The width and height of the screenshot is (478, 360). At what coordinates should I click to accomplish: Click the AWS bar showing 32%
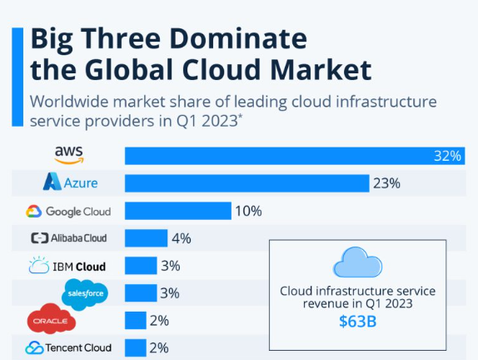click(x=295, y=156)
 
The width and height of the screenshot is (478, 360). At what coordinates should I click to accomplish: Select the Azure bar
click(x=247, y=183)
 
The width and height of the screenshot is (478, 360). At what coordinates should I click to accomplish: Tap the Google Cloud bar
click(x=178, y=211)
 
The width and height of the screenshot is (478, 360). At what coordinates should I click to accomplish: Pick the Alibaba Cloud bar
click(x=146, y=238)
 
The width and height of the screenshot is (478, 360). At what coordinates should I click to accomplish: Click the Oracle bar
click(x=136, y=320)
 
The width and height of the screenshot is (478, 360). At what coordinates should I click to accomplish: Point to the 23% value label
click(x=386, y=183)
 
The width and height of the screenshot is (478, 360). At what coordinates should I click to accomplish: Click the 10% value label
click(x=248, y=211)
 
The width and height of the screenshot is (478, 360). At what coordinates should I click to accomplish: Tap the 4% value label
click(x=182, y=238)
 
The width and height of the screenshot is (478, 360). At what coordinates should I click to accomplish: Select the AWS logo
click(x=69, y=155)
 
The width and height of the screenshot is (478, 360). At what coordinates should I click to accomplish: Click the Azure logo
click(x=71, y=182)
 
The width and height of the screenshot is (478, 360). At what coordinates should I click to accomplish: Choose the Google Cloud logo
click(x=68, y=211)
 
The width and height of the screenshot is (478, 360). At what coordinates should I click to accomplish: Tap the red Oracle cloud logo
click(x=51, y=318)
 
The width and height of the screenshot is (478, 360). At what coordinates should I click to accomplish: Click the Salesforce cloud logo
click(x=85, y=294)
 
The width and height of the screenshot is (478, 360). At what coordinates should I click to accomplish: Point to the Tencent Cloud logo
click(x=68, y=347)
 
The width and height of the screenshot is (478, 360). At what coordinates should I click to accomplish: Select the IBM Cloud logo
click(x=67, y=266)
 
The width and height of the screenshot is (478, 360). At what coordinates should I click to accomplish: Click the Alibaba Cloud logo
click(x=69, y=238)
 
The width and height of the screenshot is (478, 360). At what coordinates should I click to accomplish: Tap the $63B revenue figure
click(x=357, y=322)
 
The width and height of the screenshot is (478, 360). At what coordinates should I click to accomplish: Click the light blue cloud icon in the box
click(x=357, y=262)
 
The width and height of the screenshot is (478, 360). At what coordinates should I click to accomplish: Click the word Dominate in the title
click(x=238, y=38)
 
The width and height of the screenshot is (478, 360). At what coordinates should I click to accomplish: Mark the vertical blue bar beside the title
click(x=17, y=77)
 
